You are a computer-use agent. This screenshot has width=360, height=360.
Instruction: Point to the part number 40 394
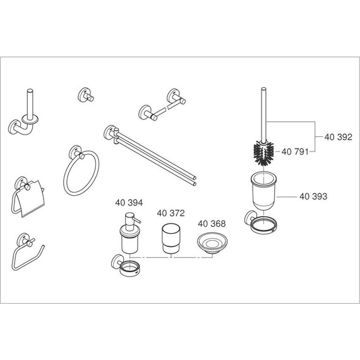click(129, 203)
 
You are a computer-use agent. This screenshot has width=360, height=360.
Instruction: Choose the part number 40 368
click(211, 224)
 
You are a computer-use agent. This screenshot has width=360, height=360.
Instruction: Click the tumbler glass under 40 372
click(169, 239)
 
